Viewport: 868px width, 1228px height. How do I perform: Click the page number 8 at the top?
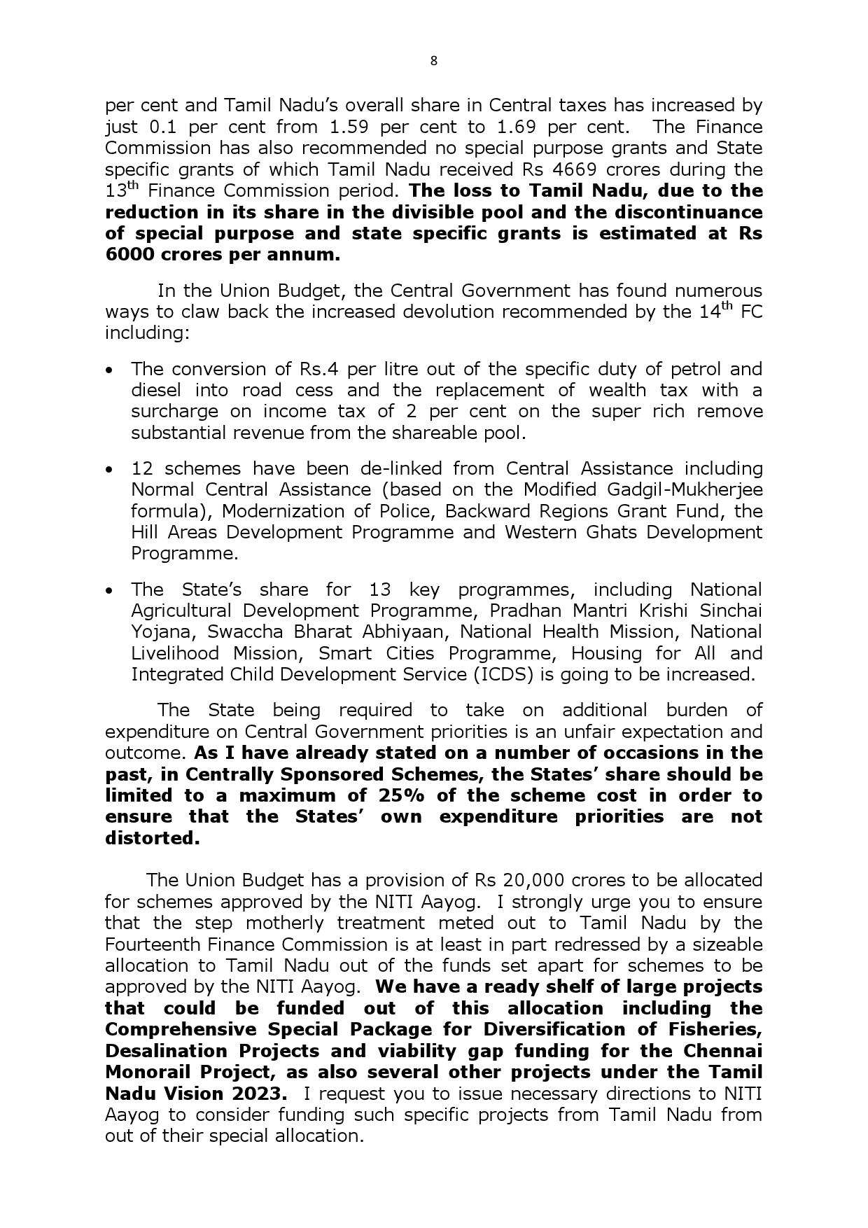tap(433, 61)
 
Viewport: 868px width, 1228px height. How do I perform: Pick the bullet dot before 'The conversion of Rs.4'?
tap(108, 370)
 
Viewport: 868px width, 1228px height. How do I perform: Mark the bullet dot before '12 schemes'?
tap(108, 469)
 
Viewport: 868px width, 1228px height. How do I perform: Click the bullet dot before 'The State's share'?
tap(108, 591)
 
